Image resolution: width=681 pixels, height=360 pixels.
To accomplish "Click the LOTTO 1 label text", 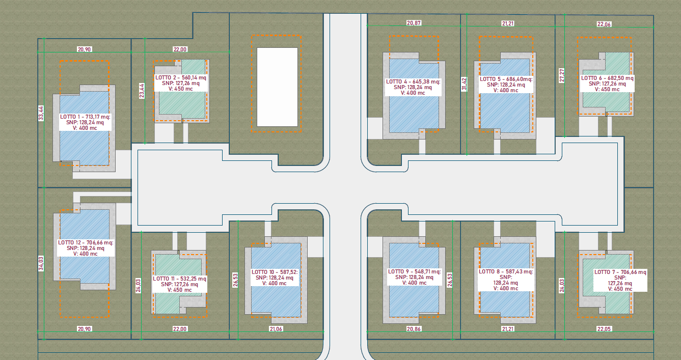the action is (85, 122).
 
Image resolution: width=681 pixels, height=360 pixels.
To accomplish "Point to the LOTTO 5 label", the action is (506, 85).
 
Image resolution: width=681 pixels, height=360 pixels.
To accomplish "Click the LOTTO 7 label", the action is (620, 281).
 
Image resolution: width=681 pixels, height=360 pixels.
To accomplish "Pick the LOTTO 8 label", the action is (506, 280).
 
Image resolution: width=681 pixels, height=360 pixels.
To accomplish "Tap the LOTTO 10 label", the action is (275, 278).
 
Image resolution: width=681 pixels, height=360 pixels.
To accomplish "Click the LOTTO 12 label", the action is (86, 248).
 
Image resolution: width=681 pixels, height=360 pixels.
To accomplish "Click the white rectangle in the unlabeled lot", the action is (277, 87).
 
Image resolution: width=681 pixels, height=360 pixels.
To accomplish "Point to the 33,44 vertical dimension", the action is (41, 114).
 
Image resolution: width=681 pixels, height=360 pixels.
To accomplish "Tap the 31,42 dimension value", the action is (464, 84).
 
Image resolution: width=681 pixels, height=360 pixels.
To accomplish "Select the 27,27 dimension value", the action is (561, 75).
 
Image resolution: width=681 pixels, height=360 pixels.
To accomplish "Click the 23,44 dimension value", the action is (142, 91).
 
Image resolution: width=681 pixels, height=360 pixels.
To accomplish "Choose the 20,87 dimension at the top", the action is (414, 23).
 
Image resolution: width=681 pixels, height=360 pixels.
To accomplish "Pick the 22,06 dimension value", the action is (604, 24).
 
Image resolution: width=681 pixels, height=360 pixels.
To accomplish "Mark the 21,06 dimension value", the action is (276, 329).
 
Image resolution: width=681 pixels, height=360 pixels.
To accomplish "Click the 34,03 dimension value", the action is (41, 264).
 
